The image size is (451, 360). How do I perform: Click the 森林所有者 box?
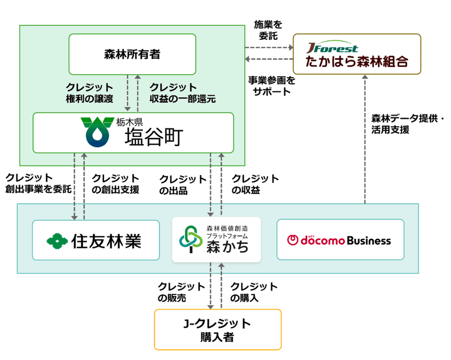pos(132,54)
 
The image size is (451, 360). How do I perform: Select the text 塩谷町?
pos(154,138)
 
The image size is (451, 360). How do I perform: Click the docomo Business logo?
pos(339,240)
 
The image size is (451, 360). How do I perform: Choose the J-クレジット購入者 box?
pos(217,329)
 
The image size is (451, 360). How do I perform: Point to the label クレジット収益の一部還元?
pos(183,92)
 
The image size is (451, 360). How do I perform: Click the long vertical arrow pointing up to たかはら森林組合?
pos(365,140)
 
